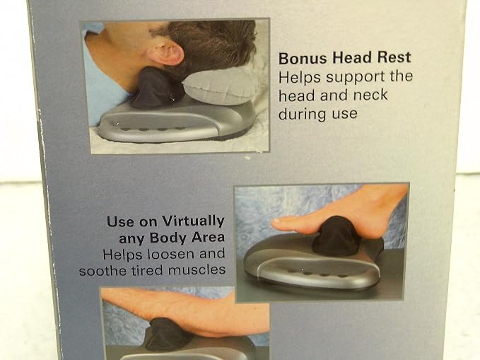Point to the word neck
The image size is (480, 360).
[370, 95]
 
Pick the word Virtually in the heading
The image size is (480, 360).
[193, 221]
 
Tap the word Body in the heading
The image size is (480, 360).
[168, 238]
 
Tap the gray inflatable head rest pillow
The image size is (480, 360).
[220, 84]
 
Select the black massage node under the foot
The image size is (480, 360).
[336, 236]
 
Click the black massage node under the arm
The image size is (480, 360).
[168, 334]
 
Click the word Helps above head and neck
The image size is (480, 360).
[300, 78]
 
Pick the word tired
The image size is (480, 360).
[148, 271]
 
